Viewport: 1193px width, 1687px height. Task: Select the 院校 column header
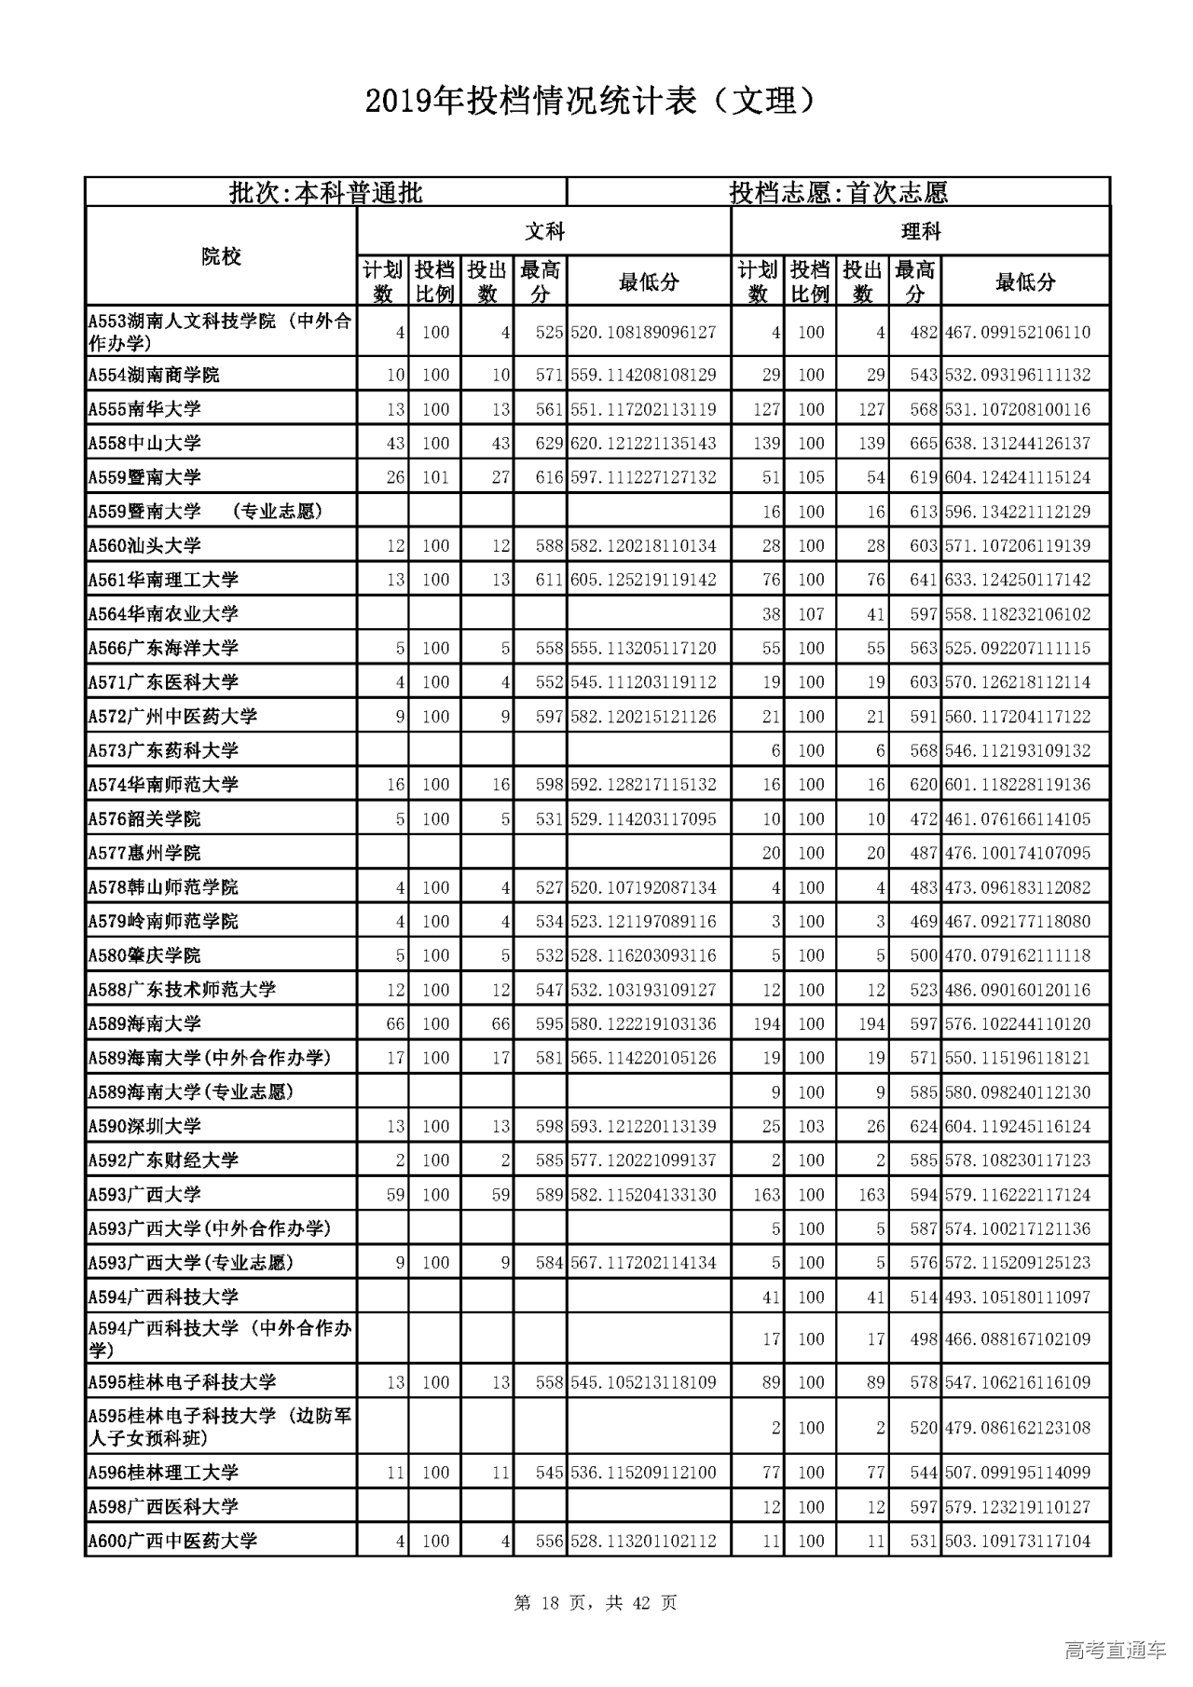tap(221, 256)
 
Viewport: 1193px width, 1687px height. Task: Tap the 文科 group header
tap(544, 231)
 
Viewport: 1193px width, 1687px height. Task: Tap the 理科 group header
tap(920, 231)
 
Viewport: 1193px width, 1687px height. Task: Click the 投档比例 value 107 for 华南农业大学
tap(810, 613)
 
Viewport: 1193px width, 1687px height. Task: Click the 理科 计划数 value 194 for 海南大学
tap(766, 1023)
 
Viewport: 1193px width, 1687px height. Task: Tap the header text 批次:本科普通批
tap(326, 193)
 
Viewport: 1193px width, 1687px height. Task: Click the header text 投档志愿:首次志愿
tap(838, 193)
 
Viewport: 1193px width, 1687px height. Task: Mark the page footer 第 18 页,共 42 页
tap(596, 1603)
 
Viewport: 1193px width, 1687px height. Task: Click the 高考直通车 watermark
tap(1114, 1651)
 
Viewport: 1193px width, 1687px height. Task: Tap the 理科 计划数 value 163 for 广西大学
tap(766, 1194)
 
